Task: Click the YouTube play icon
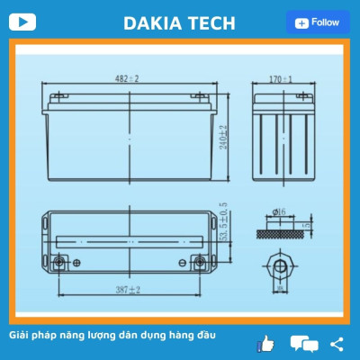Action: coord(28,22)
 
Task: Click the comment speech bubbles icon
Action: coord(304,344)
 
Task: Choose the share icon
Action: coord(337,343)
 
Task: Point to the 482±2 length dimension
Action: coord(135,80)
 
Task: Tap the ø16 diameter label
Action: coord(282,212)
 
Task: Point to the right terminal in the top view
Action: coord(201,263)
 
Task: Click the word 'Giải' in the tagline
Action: coord(20,336)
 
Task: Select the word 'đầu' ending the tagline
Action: coord(204,336)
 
